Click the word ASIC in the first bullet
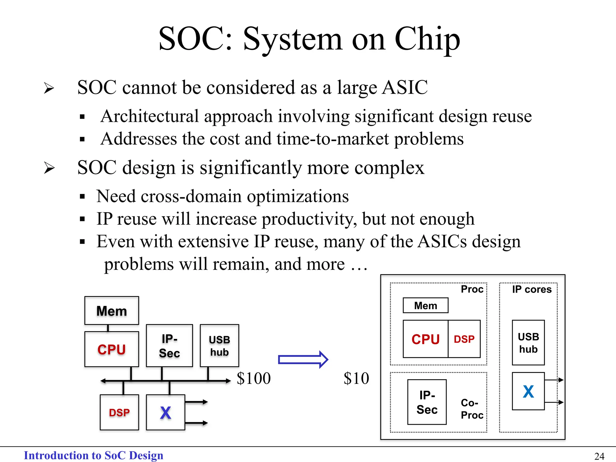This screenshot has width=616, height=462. (405, 88)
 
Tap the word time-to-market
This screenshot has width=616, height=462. (332, 139)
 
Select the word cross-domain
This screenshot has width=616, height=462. (191, 196)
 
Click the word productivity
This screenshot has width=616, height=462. (309, 219)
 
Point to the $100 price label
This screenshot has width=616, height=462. (254, 378)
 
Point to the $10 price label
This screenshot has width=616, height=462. (356, 378)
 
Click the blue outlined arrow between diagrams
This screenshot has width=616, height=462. (303, 359)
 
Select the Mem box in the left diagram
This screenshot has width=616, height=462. (112, 311)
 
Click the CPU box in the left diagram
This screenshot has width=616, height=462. (112, 349)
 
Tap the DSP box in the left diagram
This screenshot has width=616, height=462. (119, 412)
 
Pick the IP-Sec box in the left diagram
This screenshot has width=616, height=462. (169, 346)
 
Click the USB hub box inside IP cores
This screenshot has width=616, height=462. (528, 343)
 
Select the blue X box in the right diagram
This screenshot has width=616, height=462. (528, 391)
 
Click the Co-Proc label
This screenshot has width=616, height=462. (472, 409)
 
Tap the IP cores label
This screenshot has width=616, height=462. (531, 289)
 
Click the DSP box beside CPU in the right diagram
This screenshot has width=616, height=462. (464, 339)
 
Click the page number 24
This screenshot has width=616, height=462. (599, 456)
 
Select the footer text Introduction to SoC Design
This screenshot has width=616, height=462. (94, 455)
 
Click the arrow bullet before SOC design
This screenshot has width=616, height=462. (49, 168)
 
